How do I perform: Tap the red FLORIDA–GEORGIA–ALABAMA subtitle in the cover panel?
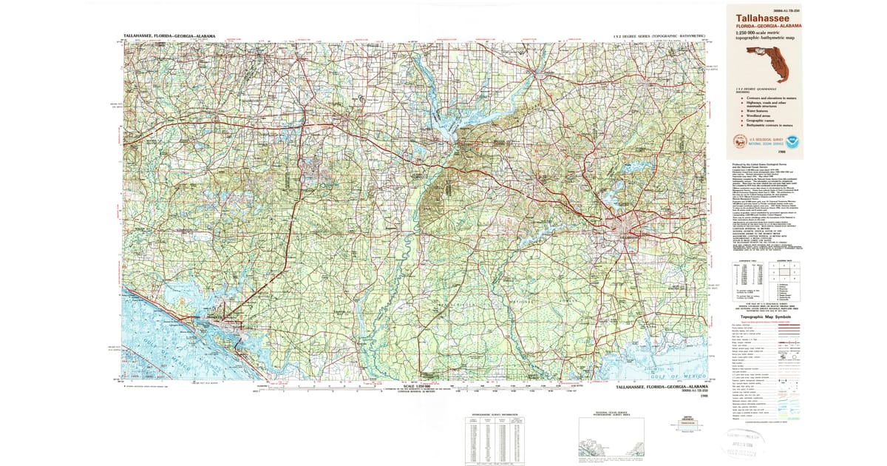[x=769, y=26]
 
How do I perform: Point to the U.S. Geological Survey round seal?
[x=738, y=141]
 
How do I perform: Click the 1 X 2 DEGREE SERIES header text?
[x=659, y=36]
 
